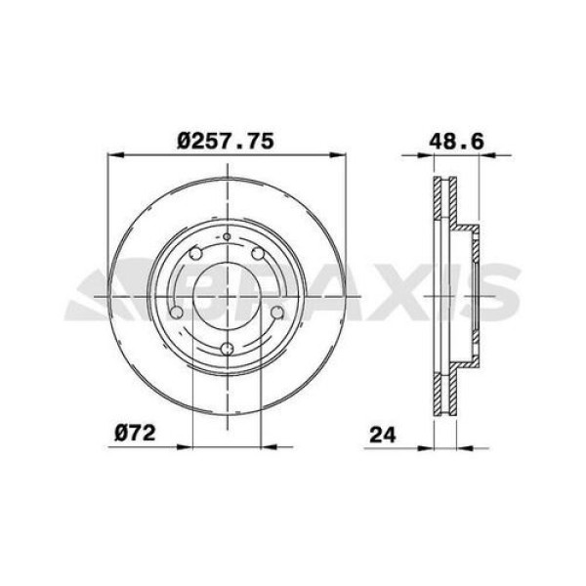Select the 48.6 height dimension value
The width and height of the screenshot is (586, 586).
click(x=456, y=140)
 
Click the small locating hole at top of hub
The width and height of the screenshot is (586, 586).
click(x=227, y=236)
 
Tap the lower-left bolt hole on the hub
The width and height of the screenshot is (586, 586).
click(x=177, y=313)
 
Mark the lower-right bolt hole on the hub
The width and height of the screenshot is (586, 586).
click(x=276, y=313)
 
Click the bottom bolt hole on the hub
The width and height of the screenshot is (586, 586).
click(x=227, y=349)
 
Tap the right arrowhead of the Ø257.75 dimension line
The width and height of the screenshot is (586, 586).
click(x=341, y=154)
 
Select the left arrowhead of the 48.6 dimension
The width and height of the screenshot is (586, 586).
click(x=406, y=154)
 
